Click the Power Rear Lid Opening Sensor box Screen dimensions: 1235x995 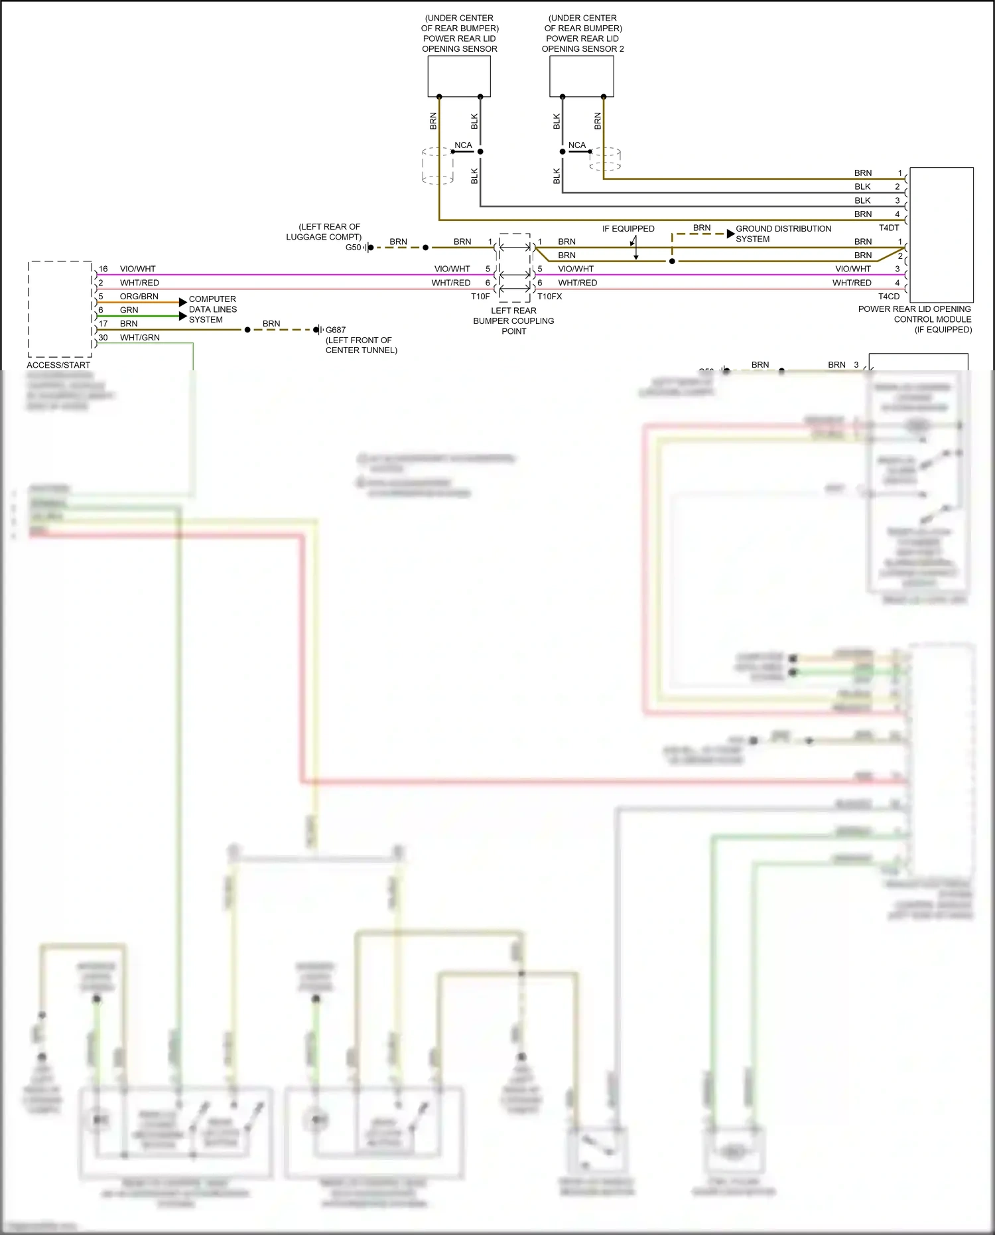459,76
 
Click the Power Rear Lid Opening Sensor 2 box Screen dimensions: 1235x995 582,76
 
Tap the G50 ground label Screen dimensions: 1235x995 353,248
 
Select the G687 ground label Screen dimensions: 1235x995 336,330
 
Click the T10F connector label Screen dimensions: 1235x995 480,297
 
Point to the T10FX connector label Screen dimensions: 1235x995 549,297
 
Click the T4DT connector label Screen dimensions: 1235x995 889,228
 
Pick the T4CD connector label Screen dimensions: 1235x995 889,297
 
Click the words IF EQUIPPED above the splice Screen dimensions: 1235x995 628,228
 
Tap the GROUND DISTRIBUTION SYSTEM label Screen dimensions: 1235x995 783,234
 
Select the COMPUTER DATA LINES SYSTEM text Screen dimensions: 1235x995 212,309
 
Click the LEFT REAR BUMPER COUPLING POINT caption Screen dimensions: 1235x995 513,321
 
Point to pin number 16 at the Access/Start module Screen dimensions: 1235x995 103,269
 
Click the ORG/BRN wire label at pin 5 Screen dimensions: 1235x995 139,297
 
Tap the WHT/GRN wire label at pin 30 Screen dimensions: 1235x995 139,338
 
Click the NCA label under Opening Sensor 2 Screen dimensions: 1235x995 577,145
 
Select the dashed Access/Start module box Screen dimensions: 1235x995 60,309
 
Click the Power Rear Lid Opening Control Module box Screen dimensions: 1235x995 941,235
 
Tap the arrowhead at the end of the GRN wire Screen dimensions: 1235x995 183,316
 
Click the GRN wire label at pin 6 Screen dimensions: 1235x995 129,310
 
